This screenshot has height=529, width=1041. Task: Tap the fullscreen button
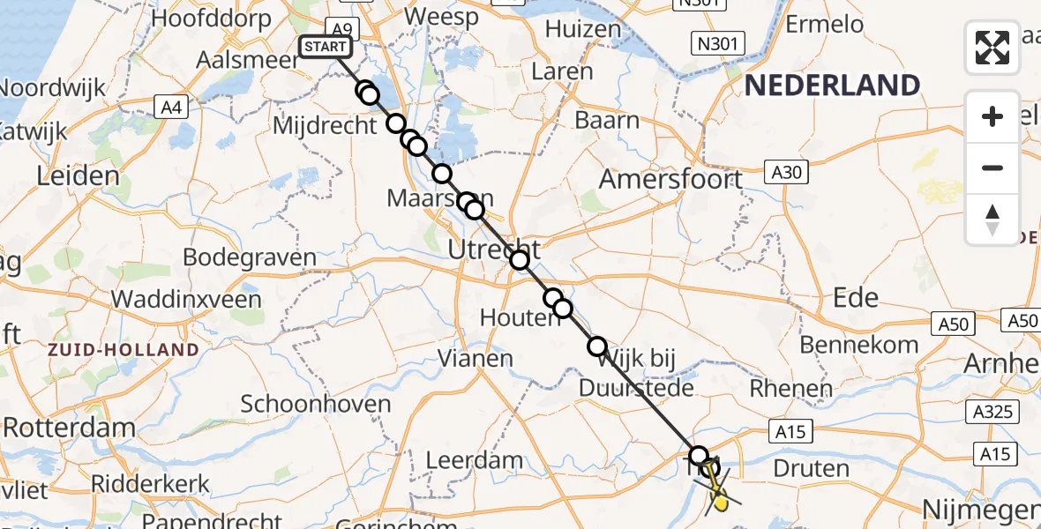(x=992, y=48)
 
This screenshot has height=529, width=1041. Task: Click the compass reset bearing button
(x=992, y=220)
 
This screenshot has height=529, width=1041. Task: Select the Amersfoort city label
(x=670, y=180)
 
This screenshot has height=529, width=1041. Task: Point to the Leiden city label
(x=78, y=175)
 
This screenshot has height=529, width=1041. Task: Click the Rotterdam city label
(x=69, y=428)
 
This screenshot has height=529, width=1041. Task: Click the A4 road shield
(x=171, y=108)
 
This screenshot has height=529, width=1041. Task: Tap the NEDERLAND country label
(x=833, y=86)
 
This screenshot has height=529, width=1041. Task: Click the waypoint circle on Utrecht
(x=519, y=259)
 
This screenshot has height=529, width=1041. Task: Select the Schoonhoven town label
(x=316, y=405)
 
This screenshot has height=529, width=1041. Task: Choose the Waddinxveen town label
(x=186, y=298)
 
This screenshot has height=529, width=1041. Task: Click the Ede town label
(x=856, y=297)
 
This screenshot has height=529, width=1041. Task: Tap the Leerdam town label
(x=474, y=460)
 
